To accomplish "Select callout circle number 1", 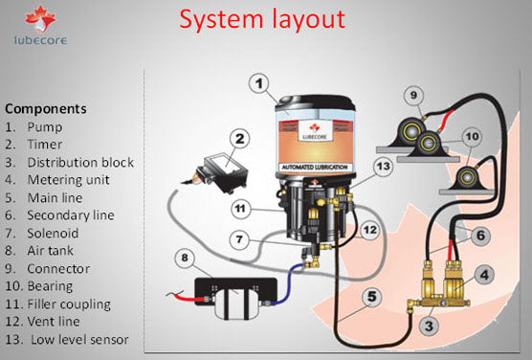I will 260,84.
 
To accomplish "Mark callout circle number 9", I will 412,96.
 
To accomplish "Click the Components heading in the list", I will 46,108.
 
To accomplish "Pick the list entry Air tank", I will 56,252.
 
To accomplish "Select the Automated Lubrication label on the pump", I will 316,169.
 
